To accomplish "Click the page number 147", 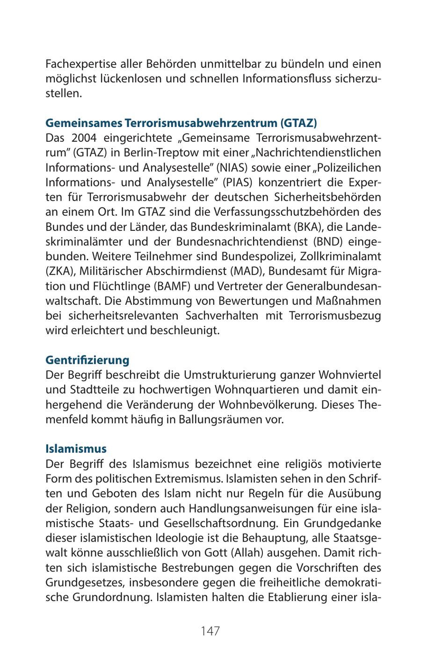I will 210,630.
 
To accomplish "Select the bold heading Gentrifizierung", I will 87,360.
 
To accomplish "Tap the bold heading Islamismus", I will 76,448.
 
